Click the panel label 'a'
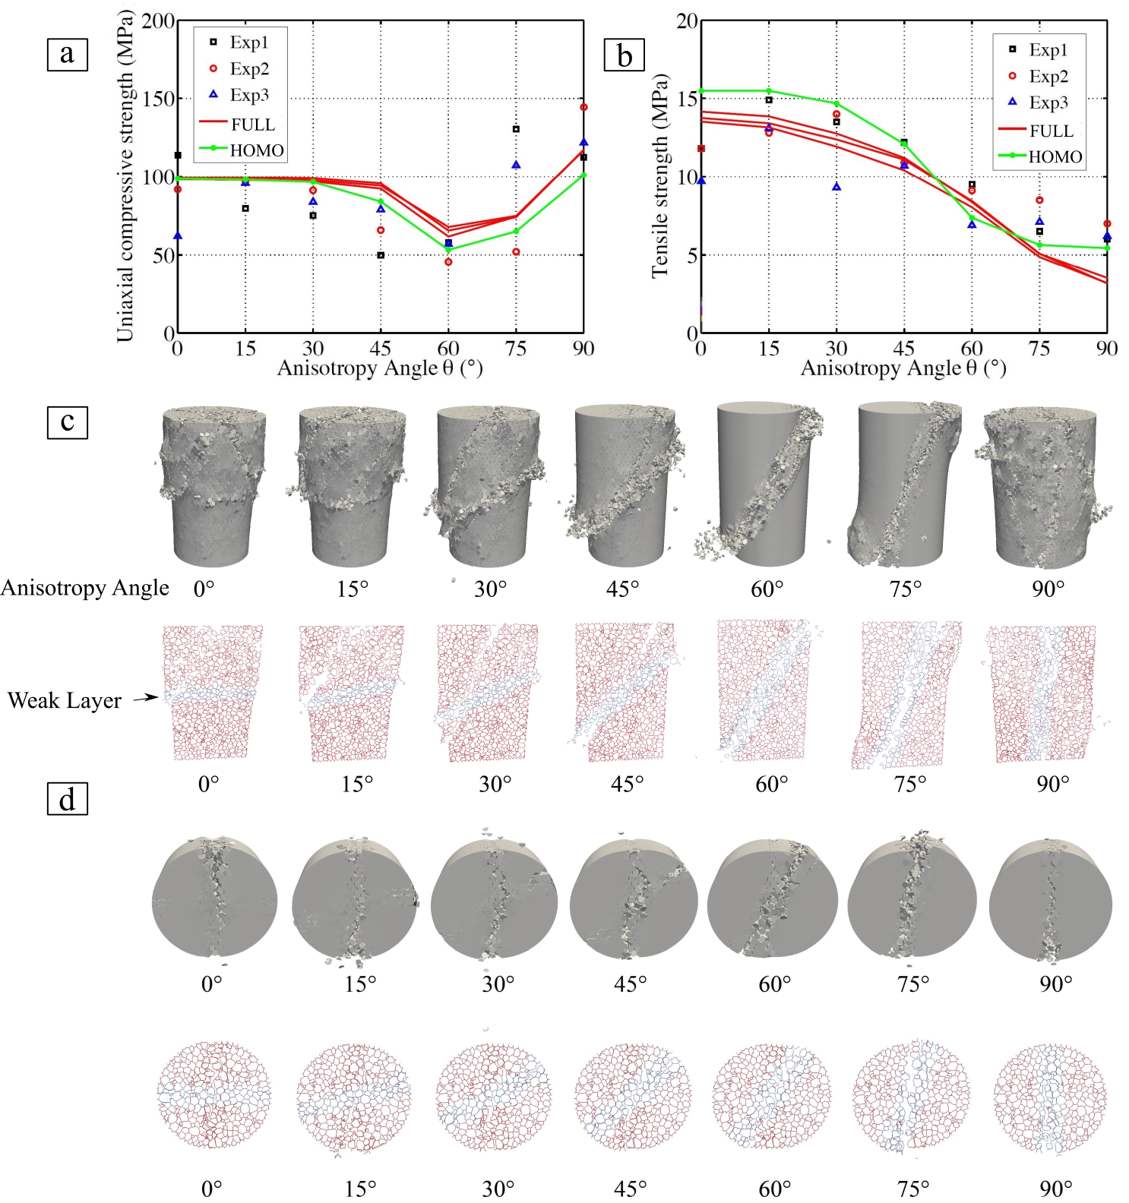(67, 54)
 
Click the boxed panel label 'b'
(624, 55)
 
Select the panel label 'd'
(67, 799)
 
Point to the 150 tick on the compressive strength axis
(159, 99)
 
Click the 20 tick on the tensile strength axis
(687, 21)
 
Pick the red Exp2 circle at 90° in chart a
(583, 107)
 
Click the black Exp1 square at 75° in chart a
(516, 129)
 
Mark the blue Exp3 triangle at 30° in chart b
(836, 187)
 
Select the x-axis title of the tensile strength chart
(903, 368)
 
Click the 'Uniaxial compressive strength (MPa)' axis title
(125, 176)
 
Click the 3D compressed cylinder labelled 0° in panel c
(212, 486)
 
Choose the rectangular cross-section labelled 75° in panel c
(909, 694)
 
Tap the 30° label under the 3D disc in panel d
(498, 984)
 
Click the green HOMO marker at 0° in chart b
(701, 91)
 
